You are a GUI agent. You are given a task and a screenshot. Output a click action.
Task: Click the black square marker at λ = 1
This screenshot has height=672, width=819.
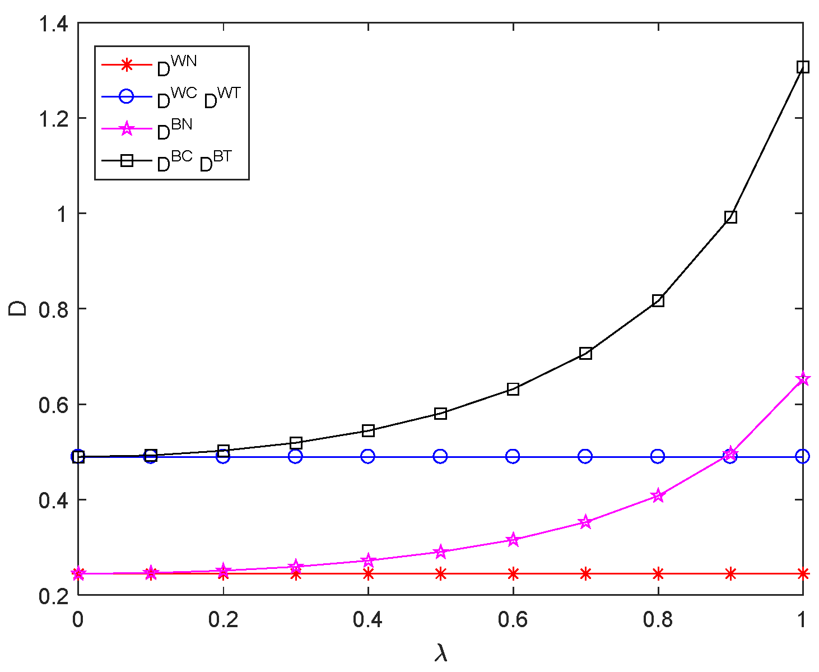pos(802,67)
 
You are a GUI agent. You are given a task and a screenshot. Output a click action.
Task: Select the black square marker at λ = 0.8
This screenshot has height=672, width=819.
pos(658,300)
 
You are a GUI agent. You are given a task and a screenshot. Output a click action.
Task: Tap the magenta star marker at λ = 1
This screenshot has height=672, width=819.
pos(802,379)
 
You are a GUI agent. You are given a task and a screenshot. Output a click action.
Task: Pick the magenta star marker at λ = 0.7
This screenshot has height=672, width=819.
pos(585,522)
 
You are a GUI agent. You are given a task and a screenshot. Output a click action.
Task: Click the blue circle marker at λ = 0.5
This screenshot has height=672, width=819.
pos(440,456)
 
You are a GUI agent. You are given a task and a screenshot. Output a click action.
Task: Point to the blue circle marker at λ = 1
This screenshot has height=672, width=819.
pos(802,456)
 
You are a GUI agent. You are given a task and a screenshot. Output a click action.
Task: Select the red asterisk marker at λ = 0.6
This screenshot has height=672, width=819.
pos(513,573)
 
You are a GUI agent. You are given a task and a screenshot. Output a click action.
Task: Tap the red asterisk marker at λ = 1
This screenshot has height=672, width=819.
pos(802,573)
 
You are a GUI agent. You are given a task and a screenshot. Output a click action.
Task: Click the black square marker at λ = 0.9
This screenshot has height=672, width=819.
pos(730,217)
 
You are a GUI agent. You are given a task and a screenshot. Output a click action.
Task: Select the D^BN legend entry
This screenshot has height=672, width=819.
pos(174,129)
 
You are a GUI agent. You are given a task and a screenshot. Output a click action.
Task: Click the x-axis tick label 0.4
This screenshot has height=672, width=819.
pos(367,620)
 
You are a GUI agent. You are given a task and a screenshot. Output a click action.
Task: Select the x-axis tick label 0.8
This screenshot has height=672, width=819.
pos(658,620)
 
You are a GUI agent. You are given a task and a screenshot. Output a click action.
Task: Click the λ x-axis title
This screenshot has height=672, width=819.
pos(441,652)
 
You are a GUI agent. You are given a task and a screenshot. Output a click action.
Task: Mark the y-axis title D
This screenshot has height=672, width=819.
pos(18,309)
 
